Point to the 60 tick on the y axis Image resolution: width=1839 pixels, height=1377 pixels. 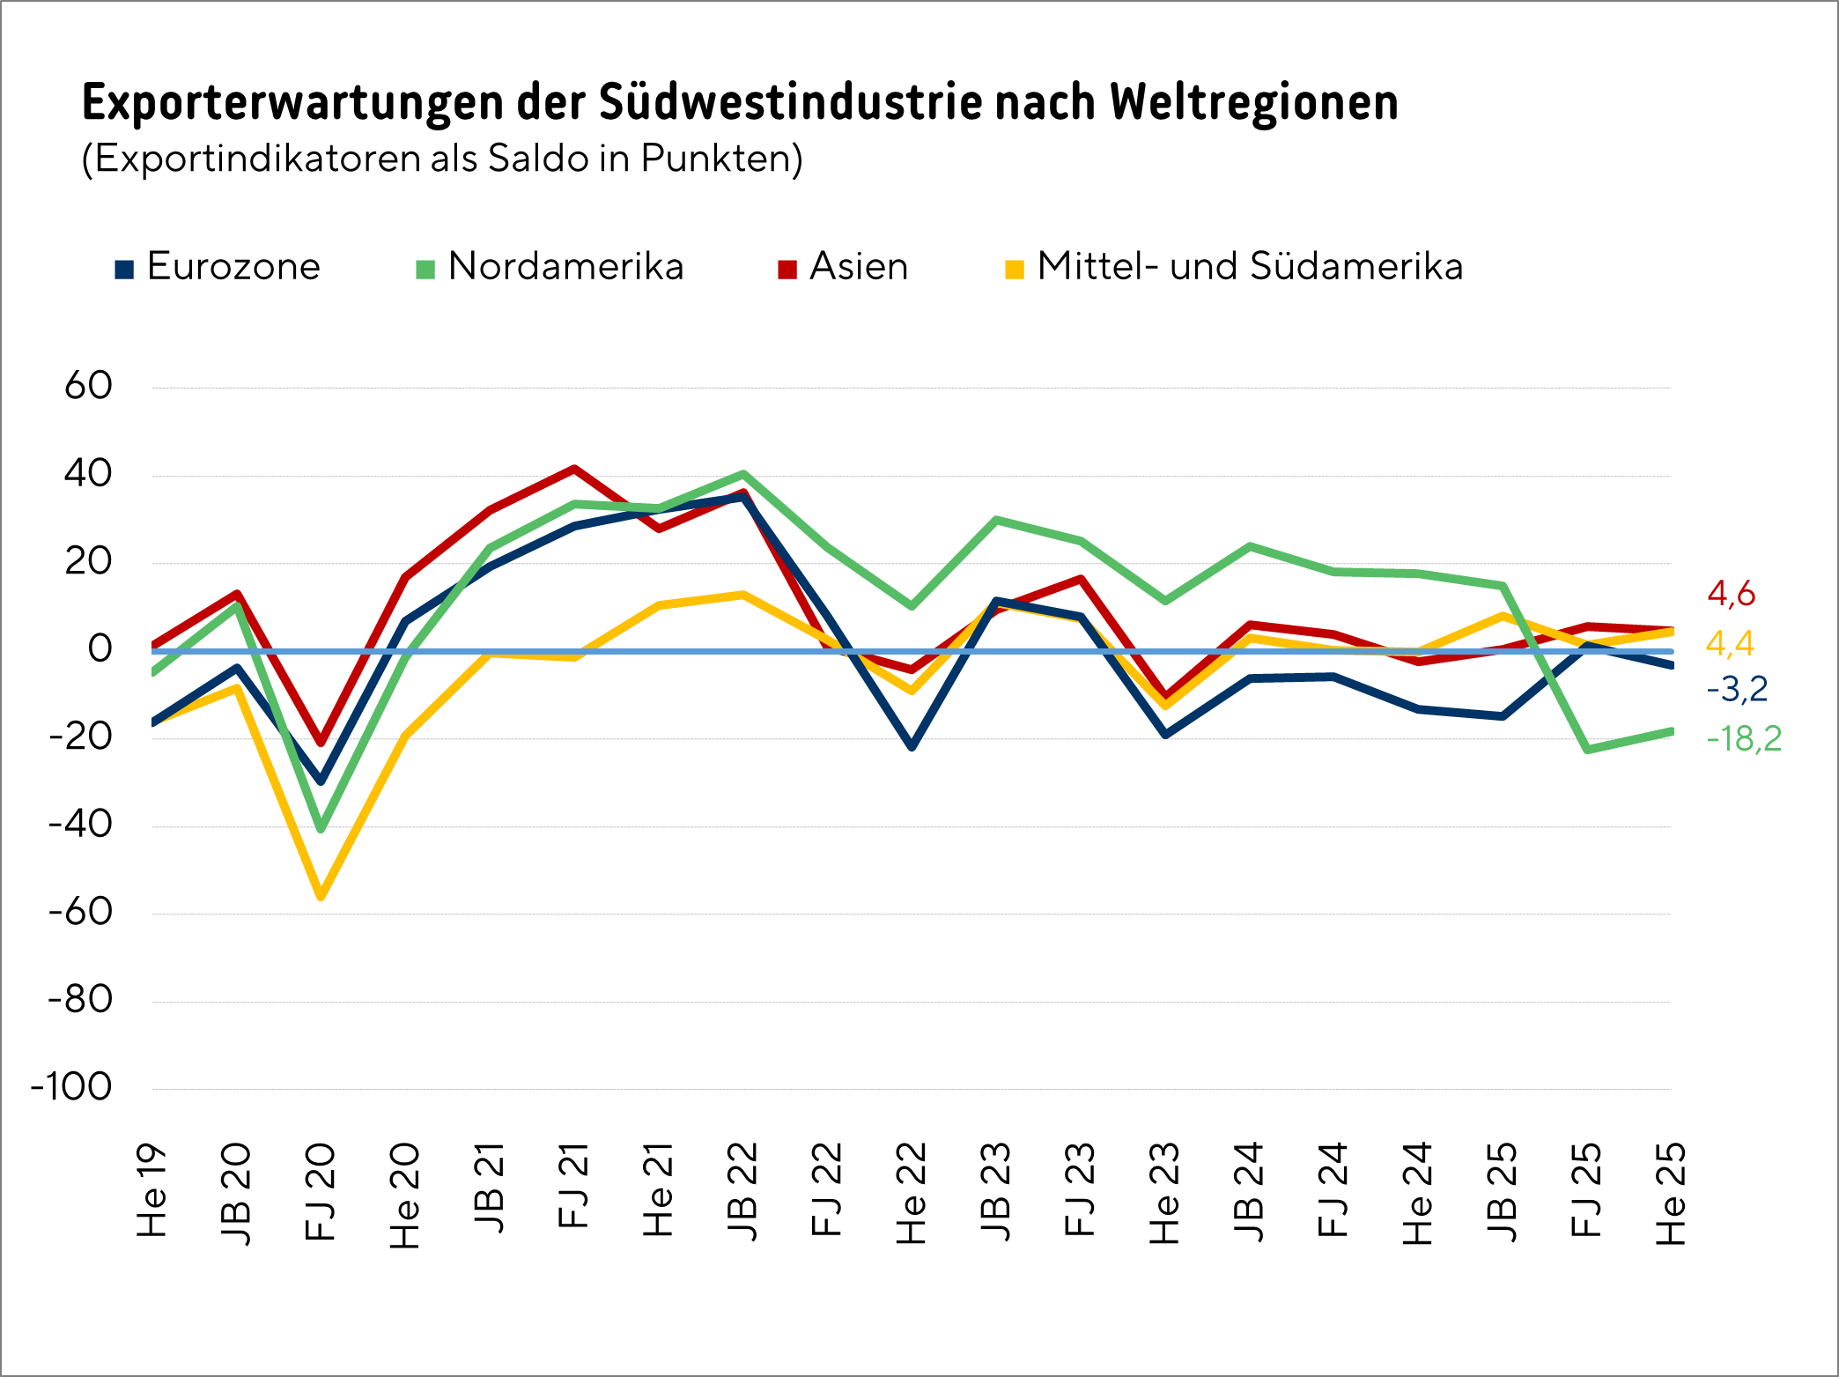88,386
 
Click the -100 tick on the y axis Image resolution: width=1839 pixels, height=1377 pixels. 72,1087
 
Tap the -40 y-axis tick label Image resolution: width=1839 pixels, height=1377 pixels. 80,825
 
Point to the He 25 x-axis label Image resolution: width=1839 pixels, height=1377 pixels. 1671,1193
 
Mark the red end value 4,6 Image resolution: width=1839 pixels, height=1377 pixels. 1731,595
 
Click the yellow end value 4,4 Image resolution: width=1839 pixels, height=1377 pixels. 1730,644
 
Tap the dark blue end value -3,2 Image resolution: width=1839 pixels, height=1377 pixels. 1737,689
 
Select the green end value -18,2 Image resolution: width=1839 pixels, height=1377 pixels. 1744,738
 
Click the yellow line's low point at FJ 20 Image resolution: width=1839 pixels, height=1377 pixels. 321,896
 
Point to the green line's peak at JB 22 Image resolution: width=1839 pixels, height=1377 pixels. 743,474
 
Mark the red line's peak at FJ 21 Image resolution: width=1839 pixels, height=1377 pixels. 574,469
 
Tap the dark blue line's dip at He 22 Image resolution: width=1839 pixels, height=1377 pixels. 912,747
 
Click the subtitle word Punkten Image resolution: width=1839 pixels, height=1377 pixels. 720,159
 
